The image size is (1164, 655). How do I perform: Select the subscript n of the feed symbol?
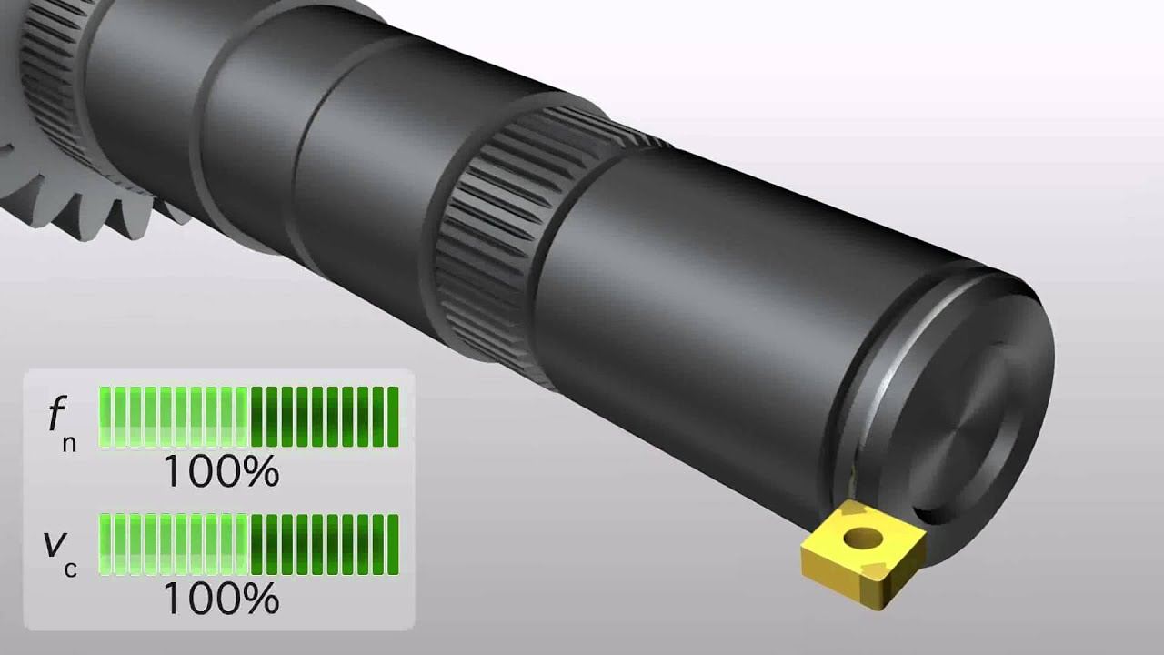point(70,442)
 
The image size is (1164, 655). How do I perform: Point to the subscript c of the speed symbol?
point(70,569)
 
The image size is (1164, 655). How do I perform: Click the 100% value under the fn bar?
point(220,472)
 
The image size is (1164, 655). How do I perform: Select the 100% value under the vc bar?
point(220,600)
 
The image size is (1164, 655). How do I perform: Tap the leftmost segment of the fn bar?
point(105,417)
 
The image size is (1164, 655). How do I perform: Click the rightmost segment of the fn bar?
point(393,417)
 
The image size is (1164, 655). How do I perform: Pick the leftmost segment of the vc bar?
point(105,544)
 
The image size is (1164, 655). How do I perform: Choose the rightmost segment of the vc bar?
point(393,544)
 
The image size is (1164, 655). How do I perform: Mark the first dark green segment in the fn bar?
point(256,417)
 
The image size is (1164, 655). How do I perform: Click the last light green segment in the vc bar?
point(242,544)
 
